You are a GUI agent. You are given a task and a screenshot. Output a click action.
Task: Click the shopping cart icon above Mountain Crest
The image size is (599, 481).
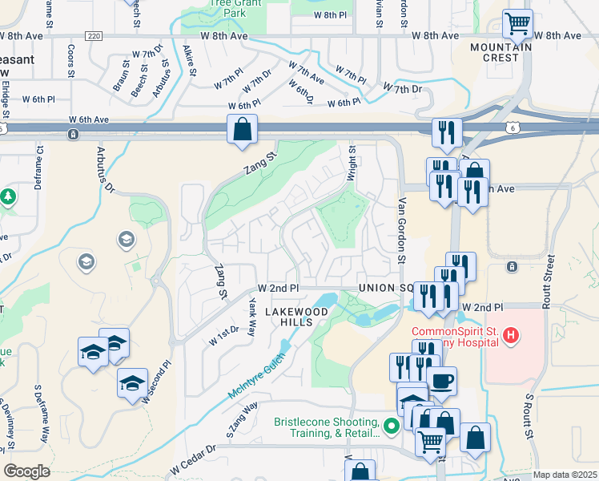[x=518, y=23]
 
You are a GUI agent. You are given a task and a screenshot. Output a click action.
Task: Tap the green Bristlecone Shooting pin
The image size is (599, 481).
[x=391, y=426]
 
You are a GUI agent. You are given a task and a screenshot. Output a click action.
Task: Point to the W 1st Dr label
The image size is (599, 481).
[x=223, y=335]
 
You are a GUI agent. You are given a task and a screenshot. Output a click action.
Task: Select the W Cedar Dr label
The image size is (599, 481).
[x=193, y=459]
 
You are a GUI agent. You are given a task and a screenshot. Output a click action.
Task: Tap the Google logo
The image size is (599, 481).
[x=26, y=471]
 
